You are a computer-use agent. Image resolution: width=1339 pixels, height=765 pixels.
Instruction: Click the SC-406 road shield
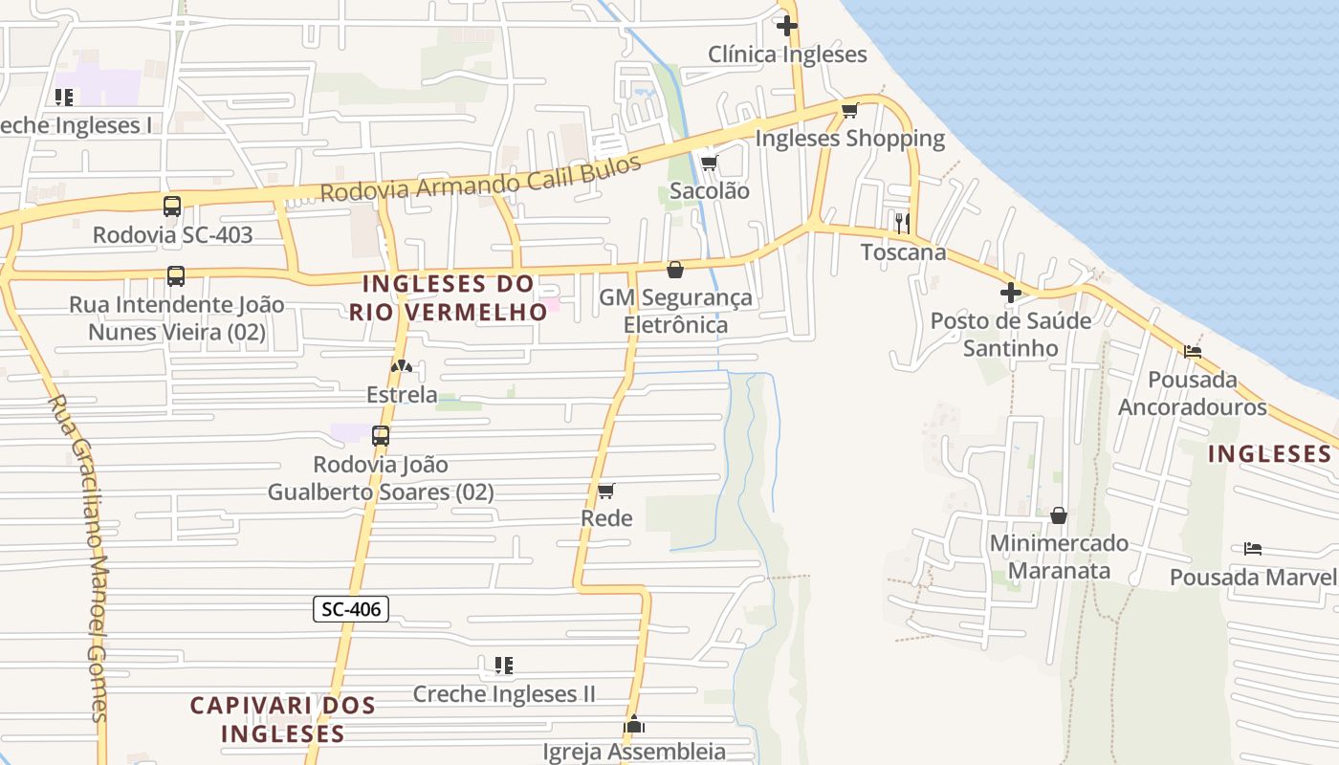click(x=351, y=608)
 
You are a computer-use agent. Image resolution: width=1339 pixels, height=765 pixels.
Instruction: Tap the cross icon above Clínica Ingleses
click(x=787, y=26)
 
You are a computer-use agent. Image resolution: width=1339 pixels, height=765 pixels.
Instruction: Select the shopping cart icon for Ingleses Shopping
click(x=849, y=110)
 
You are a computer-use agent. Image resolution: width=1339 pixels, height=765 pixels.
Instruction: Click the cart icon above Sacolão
click(x=709, y=163)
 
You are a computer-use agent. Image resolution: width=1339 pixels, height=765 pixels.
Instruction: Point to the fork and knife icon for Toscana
click(x=902, y=223)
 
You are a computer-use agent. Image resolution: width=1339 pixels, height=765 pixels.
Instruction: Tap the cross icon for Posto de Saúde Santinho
click(x=1011, y=292)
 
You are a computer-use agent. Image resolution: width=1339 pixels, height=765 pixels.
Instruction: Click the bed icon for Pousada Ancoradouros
click(x=1193, y=351)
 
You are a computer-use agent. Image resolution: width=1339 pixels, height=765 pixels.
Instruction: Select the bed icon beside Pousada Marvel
click(x=1253, y=549)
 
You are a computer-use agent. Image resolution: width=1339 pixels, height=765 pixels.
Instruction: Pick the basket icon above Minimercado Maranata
click(x=1059, y=515)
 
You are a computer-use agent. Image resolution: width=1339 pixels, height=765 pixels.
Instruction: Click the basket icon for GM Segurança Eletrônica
click(x=675, y=270)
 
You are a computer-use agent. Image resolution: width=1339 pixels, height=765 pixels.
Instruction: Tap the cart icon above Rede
click(x=605, y=492)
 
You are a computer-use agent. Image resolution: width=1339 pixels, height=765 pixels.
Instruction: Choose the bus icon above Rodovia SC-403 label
click(x=172, y=206)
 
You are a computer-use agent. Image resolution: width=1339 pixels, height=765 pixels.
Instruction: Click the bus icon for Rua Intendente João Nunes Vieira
click(x=176, y=276)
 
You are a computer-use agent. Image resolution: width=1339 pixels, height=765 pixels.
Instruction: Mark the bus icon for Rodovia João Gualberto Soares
click(x=381, y=436)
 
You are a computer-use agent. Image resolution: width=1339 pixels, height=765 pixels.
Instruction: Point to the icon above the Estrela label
click(x=402, y=366)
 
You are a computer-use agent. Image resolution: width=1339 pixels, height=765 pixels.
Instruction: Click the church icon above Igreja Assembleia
click(x=634, y=724)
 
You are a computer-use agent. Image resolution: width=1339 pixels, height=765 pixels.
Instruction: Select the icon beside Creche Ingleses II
click(x=504, y=665)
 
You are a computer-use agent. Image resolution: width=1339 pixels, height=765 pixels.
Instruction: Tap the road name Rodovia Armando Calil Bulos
click(x=480, y=179)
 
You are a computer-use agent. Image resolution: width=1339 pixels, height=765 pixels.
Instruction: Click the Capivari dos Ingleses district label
click(x=282, y=720)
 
